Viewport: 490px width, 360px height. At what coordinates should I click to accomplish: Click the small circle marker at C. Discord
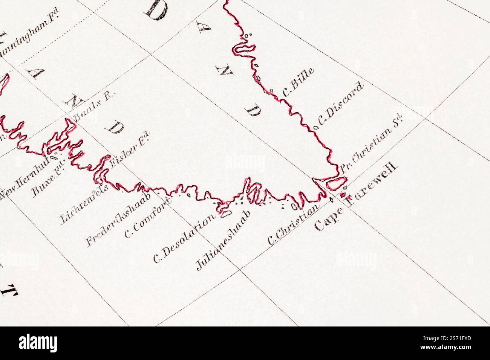click(x=316, y=127)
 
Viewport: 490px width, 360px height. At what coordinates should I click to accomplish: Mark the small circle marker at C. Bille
click(x=271, y=91)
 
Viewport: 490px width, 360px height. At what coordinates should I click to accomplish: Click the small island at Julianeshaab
click(x=225, y=214)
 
